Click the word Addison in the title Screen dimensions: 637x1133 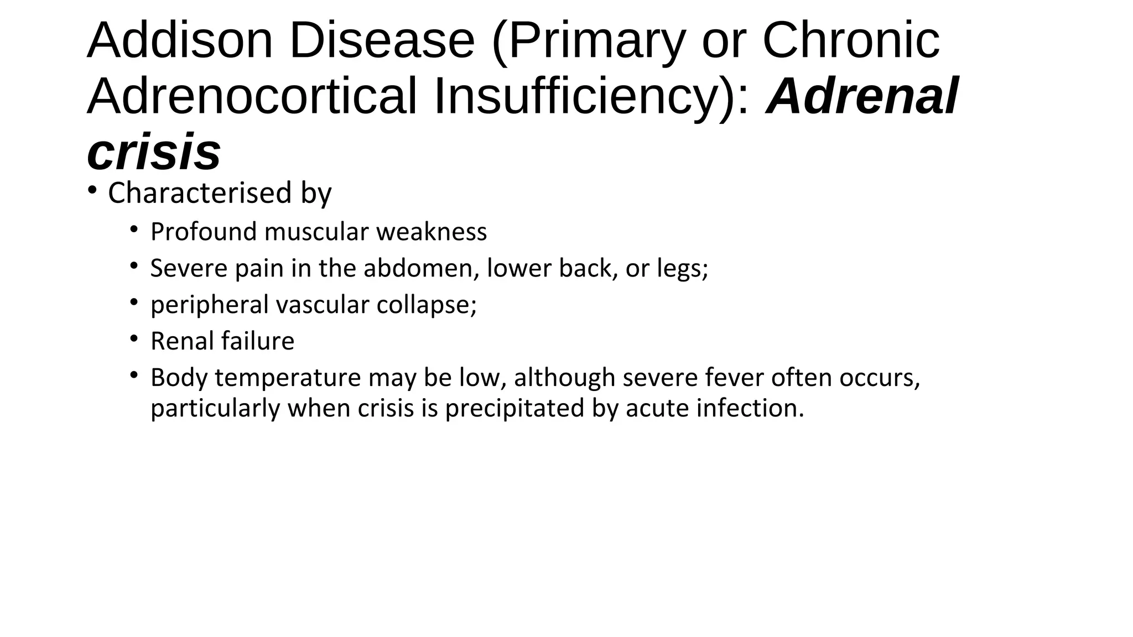(x=180, y=41)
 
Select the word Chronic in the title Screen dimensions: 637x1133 (x=851, y=41)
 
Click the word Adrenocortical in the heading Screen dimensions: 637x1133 (x=252, y=97)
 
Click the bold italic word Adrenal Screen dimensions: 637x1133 (x=862, y=97)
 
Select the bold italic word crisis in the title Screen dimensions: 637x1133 (x=154, y=152)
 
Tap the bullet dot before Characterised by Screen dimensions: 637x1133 (x=92, y=191)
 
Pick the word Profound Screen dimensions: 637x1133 (x=204, y=232)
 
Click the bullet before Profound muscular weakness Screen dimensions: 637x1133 (x=134, y=229)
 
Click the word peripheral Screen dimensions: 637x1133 (x=209, y=305)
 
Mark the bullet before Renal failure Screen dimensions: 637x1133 (x=134, y=338)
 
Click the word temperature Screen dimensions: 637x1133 (x=288, y=378)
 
